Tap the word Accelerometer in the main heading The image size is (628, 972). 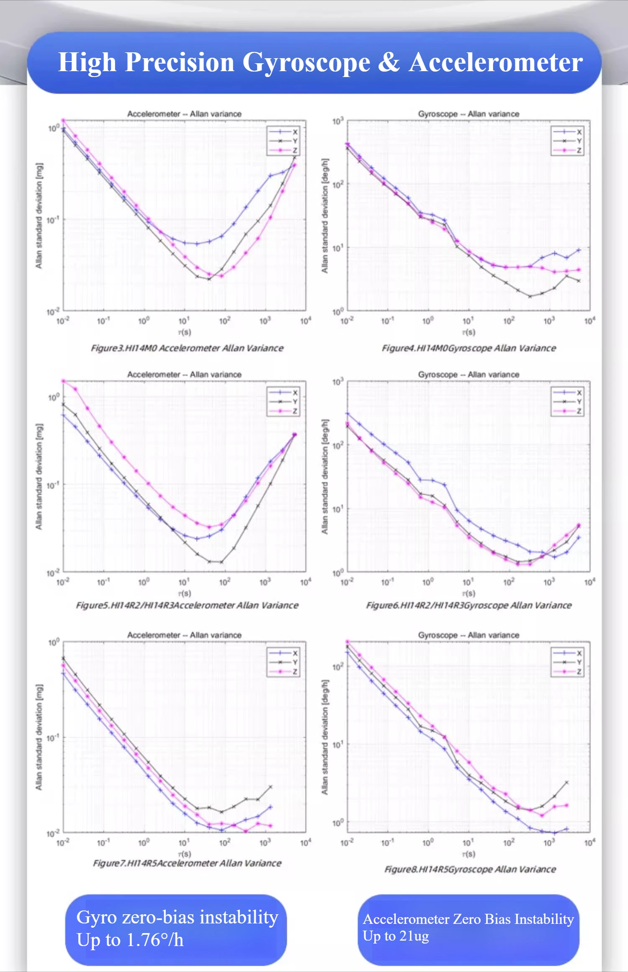[496, 63]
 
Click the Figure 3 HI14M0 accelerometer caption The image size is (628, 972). [187, 348]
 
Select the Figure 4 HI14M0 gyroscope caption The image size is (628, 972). [469, 348]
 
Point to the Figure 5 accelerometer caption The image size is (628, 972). [187, 605]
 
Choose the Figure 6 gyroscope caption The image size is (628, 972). [469, 605]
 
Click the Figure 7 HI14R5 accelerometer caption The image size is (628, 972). [187, 863]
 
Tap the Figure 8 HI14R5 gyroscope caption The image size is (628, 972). [470, 869]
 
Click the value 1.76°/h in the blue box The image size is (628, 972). [155, 940]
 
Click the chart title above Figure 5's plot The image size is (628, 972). [184, 375]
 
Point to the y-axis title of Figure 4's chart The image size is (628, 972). [325, 216]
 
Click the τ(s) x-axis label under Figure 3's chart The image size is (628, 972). [185, 332]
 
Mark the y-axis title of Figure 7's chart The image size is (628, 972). [39, 738]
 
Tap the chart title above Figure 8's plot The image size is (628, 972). [468, 635]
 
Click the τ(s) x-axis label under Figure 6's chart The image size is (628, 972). [468, 594]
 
